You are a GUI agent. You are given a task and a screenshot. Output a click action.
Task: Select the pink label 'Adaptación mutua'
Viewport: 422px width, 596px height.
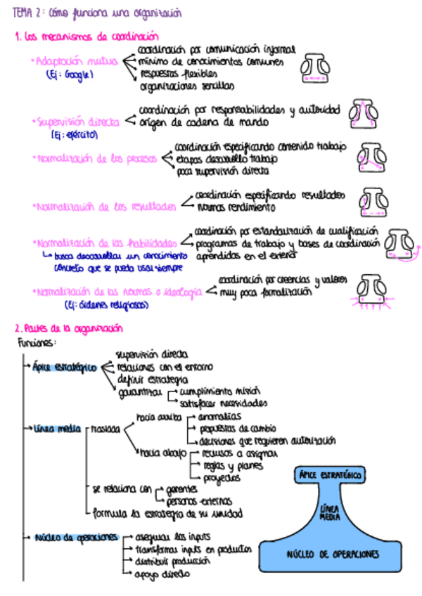point(76,62)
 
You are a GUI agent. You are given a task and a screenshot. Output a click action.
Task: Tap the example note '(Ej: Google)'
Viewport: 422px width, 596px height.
point(70,74)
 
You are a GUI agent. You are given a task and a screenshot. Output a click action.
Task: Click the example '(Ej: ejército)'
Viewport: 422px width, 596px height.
point(75,134)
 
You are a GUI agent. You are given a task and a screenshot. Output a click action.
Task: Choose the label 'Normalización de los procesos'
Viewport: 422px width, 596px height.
point(94,159)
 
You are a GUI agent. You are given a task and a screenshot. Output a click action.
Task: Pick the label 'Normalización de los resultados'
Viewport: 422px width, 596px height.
point(104,207)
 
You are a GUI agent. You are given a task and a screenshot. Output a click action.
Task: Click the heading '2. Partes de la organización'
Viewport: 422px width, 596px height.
point(69,328)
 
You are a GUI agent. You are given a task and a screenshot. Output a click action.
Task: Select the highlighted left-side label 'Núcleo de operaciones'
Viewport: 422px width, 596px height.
point(75,538)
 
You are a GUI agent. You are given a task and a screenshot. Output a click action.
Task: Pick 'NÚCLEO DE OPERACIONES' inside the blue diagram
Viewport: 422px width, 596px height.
point(333,554)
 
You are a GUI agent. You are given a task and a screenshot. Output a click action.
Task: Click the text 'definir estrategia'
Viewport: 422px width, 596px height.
point(153,380)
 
